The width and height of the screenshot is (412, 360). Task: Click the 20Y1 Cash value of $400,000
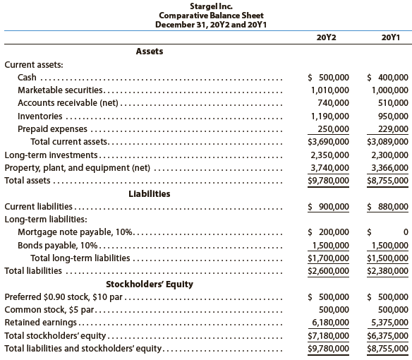click(389, 78)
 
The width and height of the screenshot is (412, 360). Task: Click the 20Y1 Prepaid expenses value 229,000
click(392, 128)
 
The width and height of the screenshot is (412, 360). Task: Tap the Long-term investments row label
click(54, 155)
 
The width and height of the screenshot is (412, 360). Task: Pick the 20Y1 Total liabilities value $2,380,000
click(389, 270)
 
